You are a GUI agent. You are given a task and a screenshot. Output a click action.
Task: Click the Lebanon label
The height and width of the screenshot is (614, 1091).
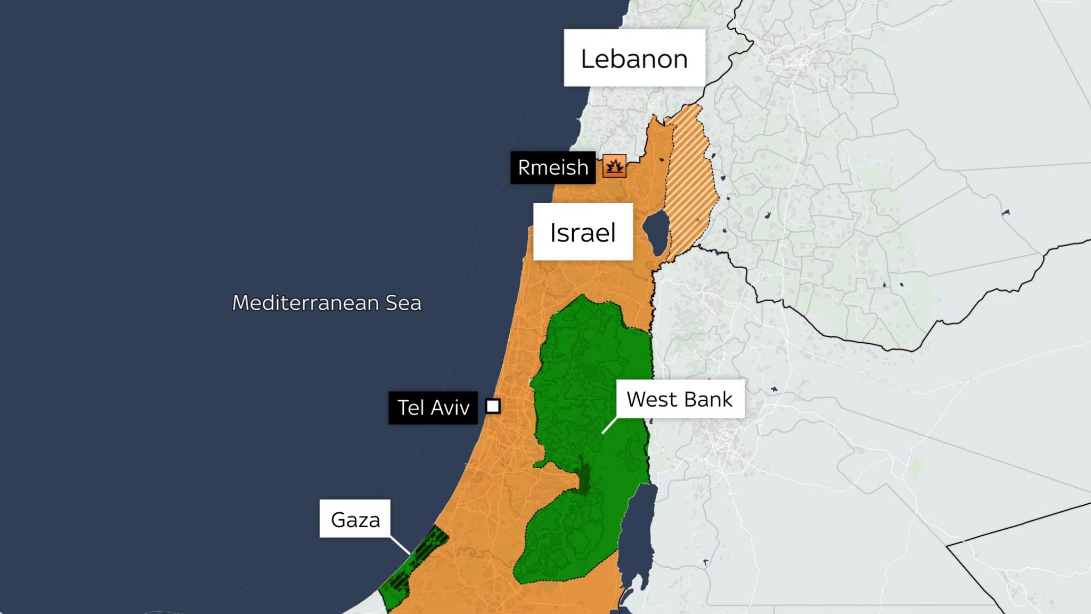click(634, 58)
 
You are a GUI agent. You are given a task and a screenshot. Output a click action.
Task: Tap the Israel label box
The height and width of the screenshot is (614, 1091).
click(583, 232)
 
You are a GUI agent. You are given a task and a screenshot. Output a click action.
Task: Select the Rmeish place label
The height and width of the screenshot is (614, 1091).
click(552, 168)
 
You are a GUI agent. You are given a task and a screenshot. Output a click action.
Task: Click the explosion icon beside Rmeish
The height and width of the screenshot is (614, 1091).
click(614, 167)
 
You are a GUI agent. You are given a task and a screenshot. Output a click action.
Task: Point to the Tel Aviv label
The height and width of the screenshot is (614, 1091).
click(433, 408)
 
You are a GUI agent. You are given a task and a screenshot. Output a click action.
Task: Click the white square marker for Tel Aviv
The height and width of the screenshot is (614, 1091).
click(493, 407)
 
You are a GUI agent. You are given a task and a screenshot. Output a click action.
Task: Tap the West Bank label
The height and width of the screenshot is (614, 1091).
click(679, 399)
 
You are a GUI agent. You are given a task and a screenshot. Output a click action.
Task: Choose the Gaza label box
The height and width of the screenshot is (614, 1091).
click(355, 519)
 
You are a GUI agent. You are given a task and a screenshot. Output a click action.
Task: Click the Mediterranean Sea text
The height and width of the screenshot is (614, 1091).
click(327, 303)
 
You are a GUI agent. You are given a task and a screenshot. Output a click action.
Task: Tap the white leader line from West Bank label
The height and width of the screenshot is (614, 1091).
click(609, 425)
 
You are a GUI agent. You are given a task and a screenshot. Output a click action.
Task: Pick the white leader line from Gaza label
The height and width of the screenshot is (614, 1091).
click(400, 545)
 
